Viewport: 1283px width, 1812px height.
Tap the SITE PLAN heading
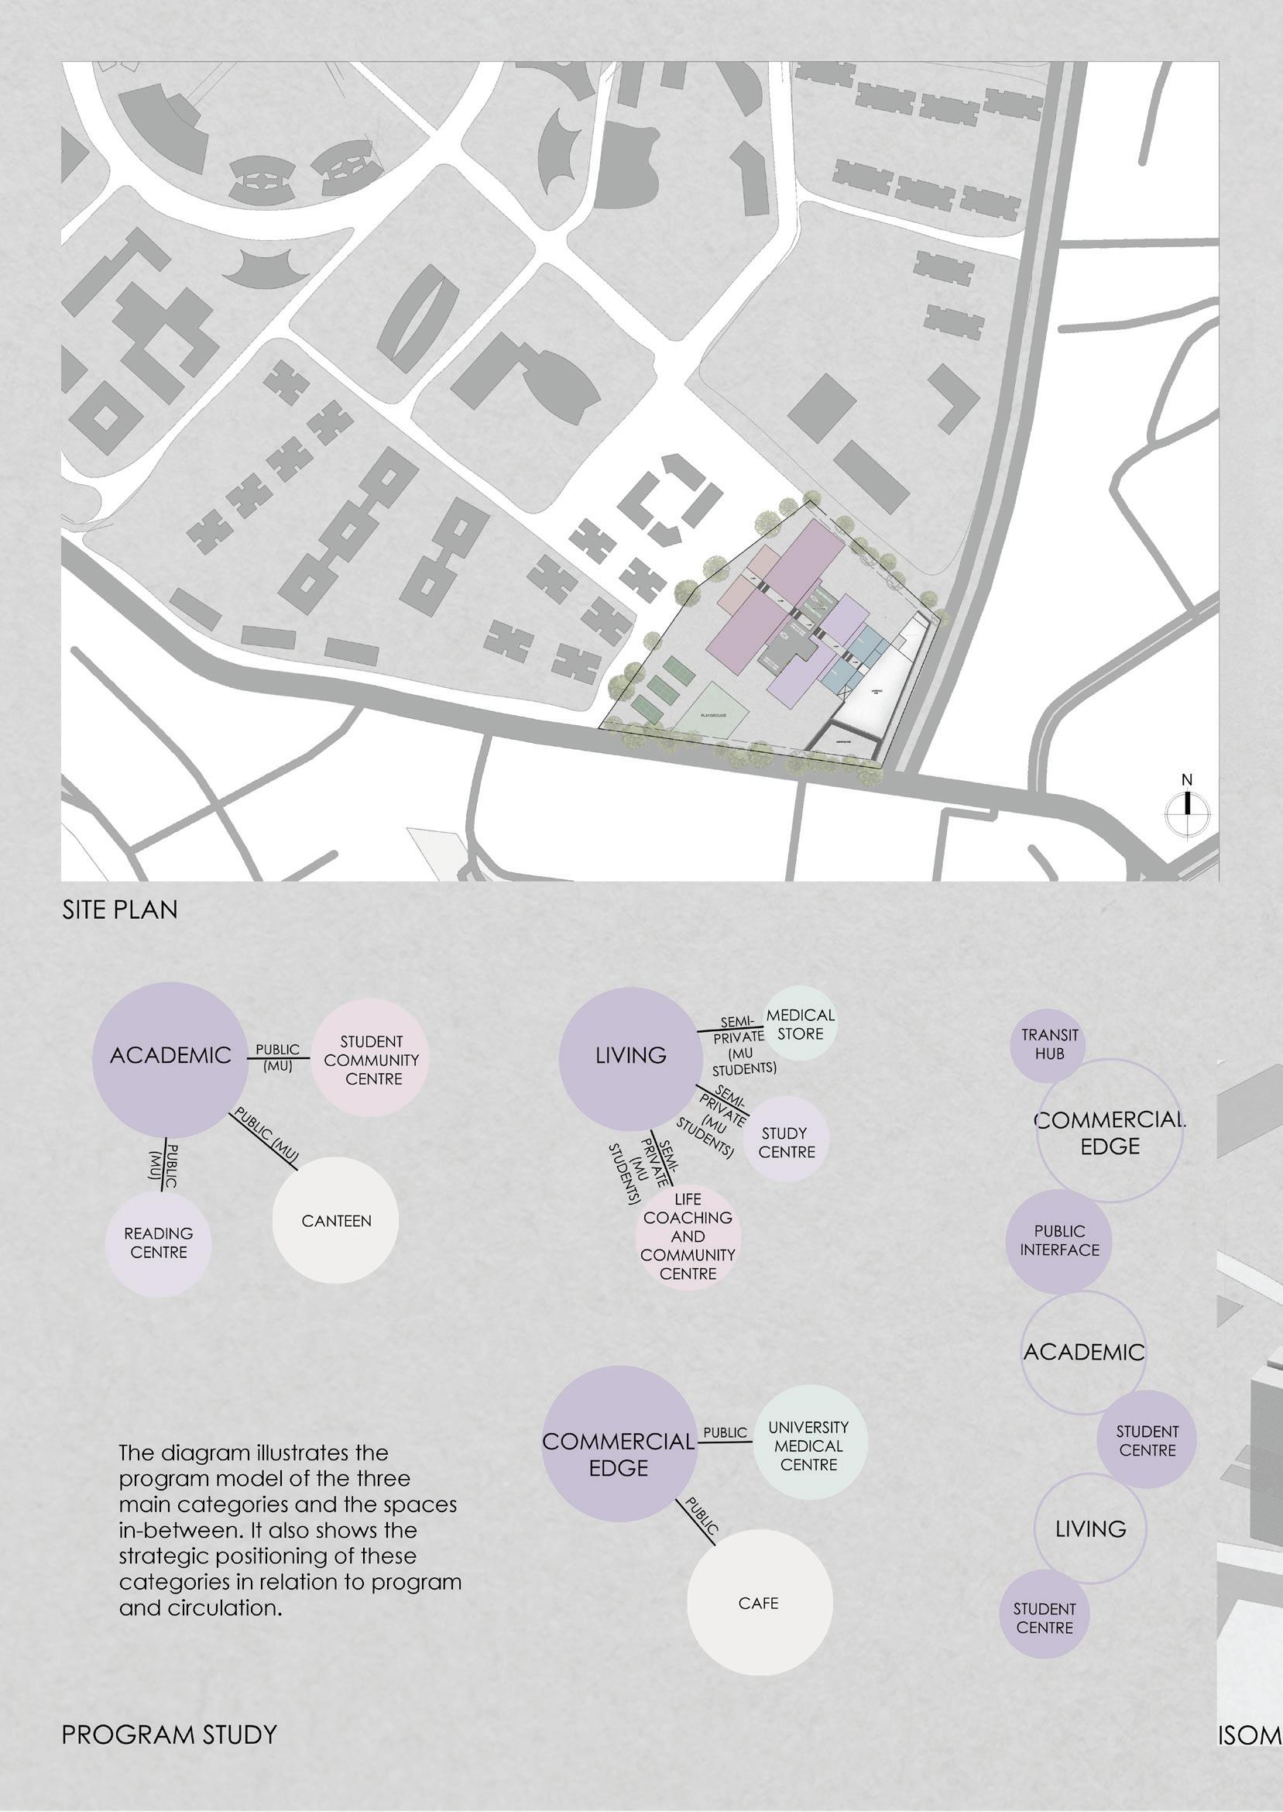(x=120, y=909)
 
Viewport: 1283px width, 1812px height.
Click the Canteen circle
(x=336, y=1221)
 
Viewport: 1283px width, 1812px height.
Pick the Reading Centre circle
(x=158, y=1243)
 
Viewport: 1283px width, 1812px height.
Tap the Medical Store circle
(x=801, y=1024)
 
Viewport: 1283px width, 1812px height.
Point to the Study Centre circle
(x=786, y=1143)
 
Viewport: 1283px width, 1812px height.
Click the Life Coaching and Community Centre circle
(x=688, y=1236)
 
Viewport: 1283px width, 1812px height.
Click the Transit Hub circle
(x=1048, y=1045)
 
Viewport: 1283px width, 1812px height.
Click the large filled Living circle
(x=629, y=1056)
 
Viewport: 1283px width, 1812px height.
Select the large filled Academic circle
(x=170, y=1056)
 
